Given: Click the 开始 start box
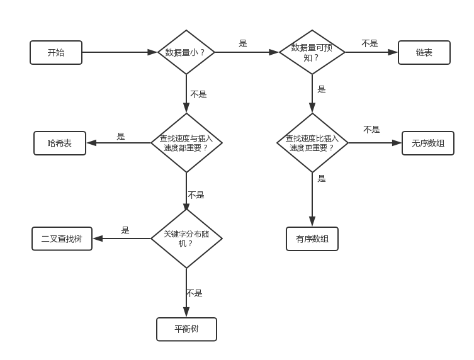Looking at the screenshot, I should (x=56, y=53).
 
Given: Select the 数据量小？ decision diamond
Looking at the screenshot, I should (x=186, y=53).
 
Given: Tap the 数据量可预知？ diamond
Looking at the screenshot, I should (x=312, y=52).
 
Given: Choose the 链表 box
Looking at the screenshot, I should (x=424, y=53).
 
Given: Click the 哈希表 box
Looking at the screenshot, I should (x=60, y=143).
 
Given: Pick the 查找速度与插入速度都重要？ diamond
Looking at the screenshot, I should (x=186, y=143).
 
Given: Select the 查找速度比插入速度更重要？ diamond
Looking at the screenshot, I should (x=312, y=143).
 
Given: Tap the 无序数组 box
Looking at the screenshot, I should (x=427, y=143).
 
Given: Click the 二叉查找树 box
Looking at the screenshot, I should (x=62, y=239).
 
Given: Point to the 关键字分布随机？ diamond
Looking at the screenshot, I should (x=186, y=238).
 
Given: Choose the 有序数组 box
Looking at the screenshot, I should (x=312, y=239).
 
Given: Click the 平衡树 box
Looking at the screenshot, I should (x=186, y=329).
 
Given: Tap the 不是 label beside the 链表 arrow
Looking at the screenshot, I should (x=370, y=43).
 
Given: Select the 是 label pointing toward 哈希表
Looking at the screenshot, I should (x=121, y=136).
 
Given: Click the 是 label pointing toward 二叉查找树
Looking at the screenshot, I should (x=125, y=230).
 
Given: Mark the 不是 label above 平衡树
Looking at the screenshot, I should (x=194, y=293).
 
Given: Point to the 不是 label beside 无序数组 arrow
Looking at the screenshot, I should (x=371, y=130).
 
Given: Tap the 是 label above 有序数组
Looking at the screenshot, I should (x=322, y=179).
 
